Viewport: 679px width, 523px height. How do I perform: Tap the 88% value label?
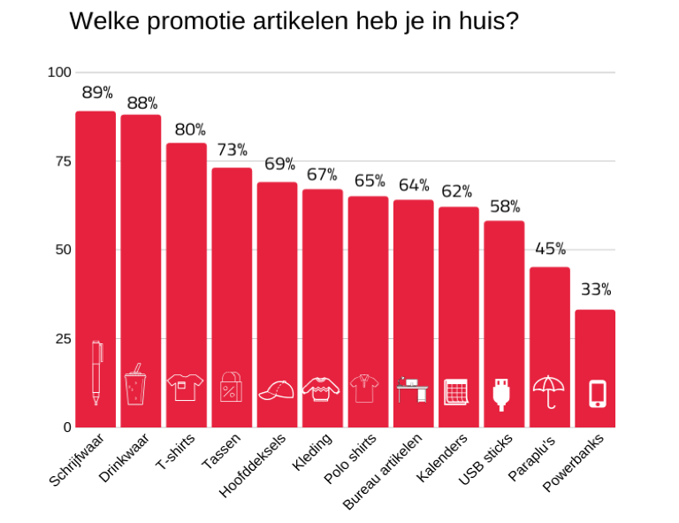point(141,104)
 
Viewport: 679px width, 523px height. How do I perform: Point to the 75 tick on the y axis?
point(60,161)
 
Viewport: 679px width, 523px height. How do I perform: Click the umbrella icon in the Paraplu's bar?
point(549,390)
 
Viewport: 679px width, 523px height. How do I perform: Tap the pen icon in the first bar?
point(96,373)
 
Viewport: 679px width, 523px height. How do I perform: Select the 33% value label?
point(596,289)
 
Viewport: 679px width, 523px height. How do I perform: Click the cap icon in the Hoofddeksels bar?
point(276,390)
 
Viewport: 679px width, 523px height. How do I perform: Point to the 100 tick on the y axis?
point(58,72)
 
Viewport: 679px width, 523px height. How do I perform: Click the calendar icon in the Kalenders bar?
point(455,391)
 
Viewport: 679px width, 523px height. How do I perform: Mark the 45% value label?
point(550,249)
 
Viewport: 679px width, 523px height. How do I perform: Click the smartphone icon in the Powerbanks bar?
point(598,393)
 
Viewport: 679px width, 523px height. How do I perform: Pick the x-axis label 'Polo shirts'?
point(351,458)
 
